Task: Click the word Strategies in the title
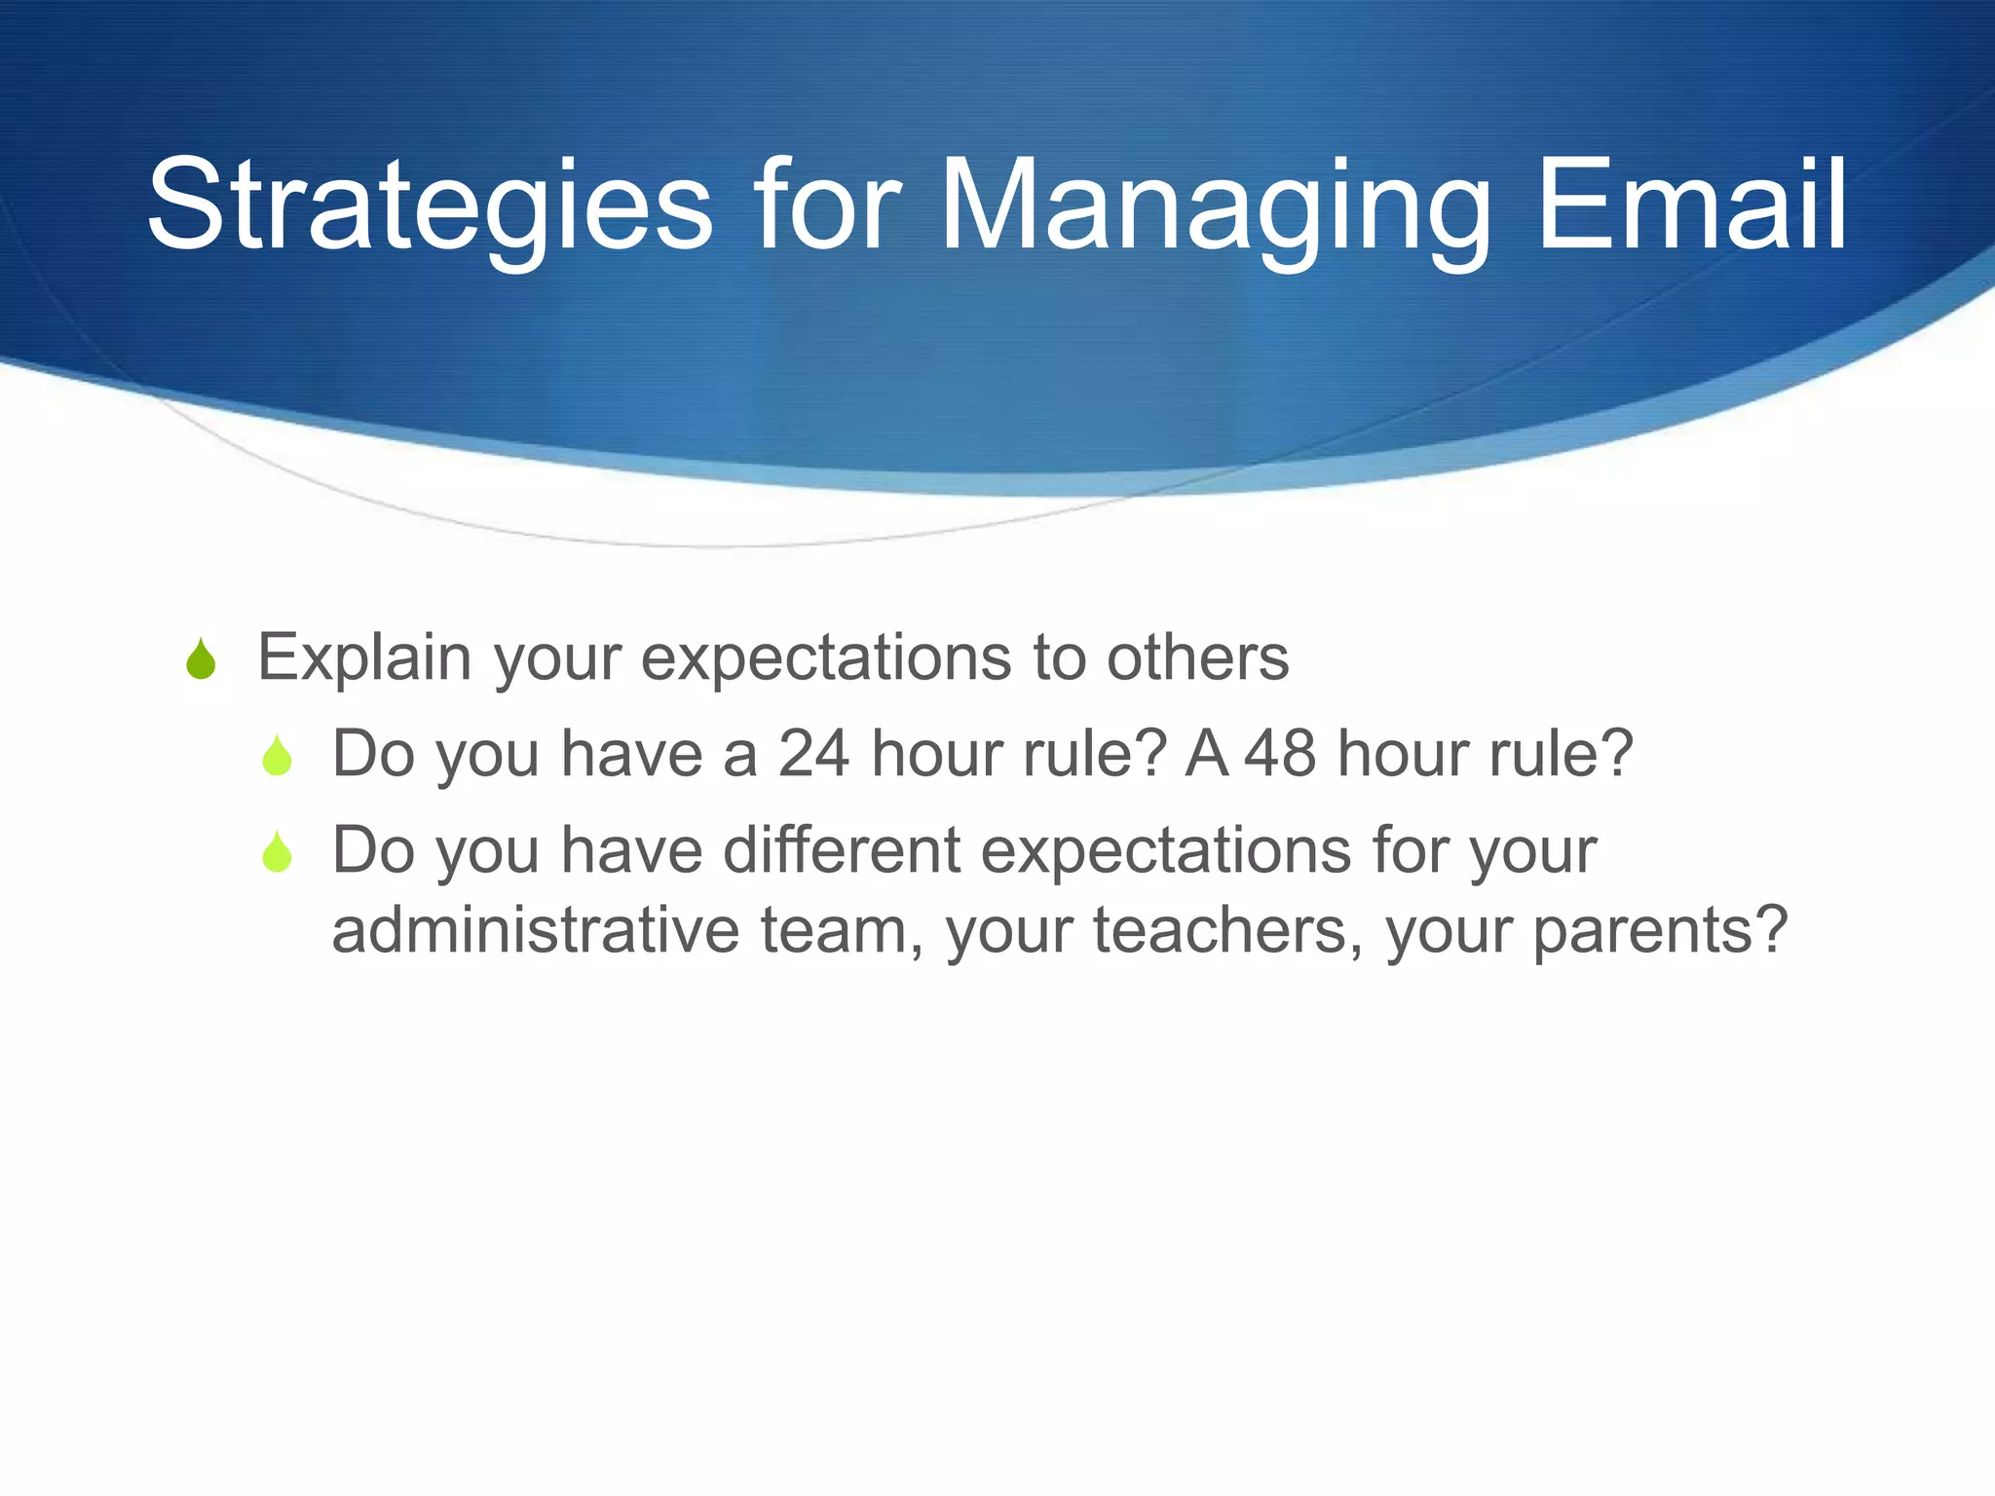(429, 206)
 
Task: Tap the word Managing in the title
(1214, 206)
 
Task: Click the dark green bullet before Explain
(201, 659)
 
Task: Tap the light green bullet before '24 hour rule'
(278, 756)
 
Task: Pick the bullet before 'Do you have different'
(278, 852)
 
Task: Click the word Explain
(365, 658)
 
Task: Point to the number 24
(813, 754)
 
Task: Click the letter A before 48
(1206, 754)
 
